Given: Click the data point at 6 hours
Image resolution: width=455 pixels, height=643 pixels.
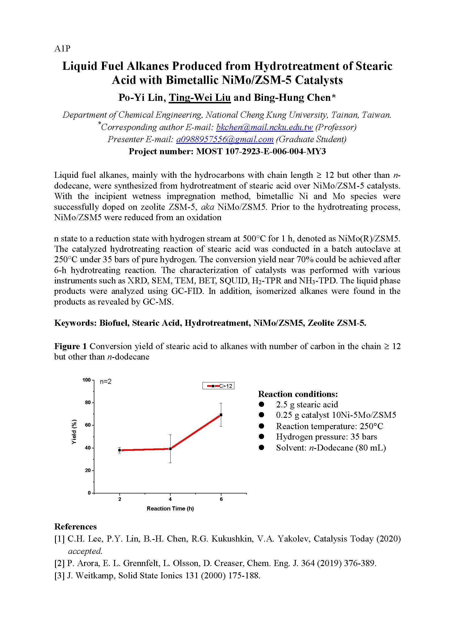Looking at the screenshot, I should click(x=221, y=415).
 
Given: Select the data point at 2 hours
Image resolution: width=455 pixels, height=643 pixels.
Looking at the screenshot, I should click(x=120, y=450).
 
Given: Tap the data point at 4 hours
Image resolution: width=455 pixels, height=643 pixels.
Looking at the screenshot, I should click(x=170, y=449).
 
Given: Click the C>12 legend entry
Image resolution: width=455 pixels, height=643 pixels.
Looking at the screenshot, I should click(x=218, y=386).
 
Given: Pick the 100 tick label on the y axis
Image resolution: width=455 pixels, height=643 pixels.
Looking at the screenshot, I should click(x=86, y=380).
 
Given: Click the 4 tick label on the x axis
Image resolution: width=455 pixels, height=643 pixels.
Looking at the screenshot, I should click(x=170, y=499).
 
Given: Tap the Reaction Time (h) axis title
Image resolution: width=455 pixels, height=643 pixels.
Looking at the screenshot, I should click(x=170, y=509).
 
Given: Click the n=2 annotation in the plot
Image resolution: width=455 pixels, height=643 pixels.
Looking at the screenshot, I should click(x=106, y=382).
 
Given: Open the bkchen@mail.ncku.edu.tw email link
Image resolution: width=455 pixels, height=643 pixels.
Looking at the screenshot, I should click(x=264, y=128).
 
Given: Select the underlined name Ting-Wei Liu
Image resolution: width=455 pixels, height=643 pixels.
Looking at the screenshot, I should click(x=199, y=98).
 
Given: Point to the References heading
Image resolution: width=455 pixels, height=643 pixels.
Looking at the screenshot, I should click(x=75, y=527).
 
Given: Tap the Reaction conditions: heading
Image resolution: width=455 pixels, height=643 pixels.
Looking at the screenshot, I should click(x=298, y=394).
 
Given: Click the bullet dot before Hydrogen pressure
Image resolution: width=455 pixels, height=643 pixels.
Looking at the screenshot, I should click(x=262, y=437).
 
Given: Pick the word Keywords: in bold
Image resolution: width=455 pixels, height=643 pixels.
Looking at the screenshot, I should click(x=75, y=323).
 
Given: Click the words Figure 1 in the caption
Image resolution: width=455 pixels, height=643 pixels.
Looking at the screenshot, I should click(x=70, y=346).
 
